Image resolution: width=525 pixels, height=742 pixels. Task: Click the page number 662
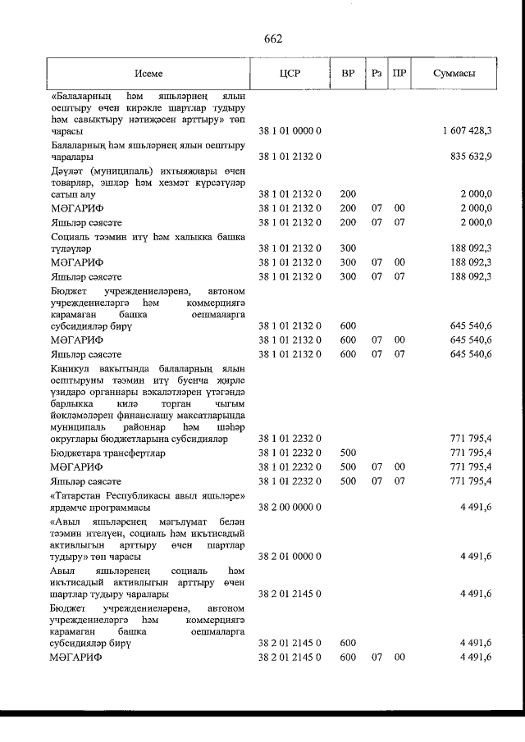click(273, 39)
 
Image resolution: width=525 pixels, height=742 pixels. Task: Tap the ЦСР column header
click(290, 73)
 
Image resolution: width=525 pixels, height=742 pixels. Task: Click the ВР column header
click(348, 73)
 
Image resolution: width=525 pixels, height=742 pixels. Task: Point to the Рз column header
click(377, 73)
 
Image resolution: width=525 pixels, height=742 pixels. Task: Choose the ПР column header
click(399, 73)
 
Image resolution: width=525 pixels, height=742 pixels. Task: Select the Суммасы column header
click(455, 73)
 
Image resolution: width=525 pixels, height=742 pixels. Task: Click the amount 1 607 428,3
click(466, 131)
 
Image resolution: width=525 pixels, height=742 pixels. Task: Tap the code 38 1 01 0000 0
click(289, 131)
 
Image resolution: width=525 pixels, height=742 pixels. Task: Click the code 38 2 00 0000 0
click(289, 508)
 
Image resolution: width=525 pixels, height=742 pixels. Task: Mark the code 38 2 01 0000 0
click(289, 557)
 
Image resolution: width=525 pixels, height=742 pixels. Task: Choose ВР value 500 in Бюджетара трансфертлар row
click(347, 453)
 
